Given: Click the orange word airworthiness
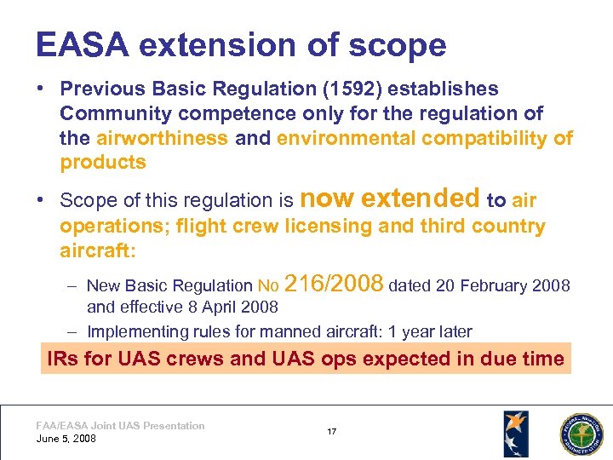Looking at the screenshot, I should (x=162, y=138).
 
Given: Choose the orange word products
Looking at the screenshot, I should (x=103, y=162).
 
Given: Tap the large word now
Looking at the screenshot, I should (x=327, y=198).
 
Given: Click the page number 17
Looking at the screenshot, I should (x=331, y=432).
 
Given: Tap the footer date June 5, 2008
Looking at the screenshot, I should (x=66, y=439).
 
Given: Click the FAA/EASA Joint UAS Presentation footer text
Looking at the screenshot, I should (x=120, y=426).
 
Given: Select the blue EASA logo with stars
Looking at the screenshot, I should (x=515, y=433).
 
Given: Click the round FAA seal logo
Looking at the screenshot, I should (x=580, y=433).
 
